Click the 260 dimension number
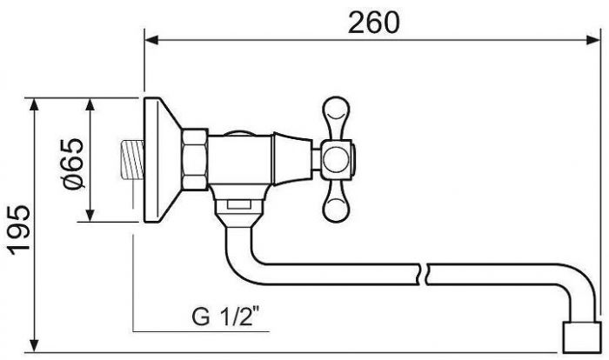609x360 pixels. [x=373, y=22]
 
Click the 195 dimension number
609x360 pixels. [x=19, y=230]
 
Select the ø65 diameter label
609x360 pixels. [x=73, y=163]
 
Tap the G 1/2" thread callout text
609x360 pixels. [x=225, y=317]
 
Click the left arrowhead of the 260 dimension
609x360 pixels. [x=151, y=40]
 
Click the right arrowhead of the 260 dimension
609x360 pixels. [x=592, y=40]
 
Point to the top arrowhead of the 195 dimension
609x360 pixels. [x=34, y=105]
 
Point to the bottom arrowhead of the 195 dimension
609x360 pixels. [x=34, y=345]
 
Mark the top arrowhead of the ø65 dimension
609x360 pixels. [x=90, y=105]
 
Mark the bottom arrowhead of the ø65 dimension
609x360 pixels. [x=90, y=215]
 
